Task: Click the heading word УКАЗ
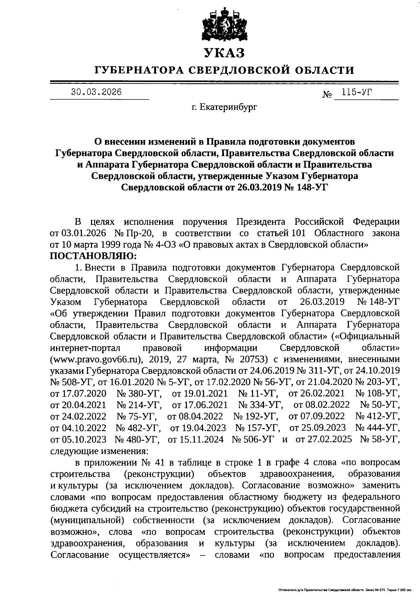tap(224, 53)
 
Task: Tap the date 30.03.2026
tap(96, 92)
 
